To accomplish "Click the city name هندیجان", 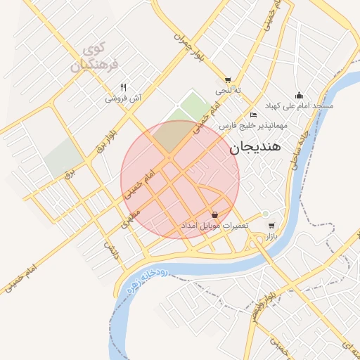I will coord(255,148).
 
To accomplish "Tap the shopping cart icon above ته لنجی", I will coord(227,79).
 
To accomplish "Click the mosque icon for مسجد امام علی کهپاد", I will coord(300,95).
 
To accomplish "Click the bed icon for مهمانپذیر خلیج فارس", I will coord(254,115).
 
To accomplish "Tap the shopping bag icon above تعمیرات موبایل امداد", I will coord(214,214).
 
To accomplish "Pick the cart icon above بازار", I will coord(271,226).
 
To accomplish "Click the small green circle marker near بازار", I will coord(265,214).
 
